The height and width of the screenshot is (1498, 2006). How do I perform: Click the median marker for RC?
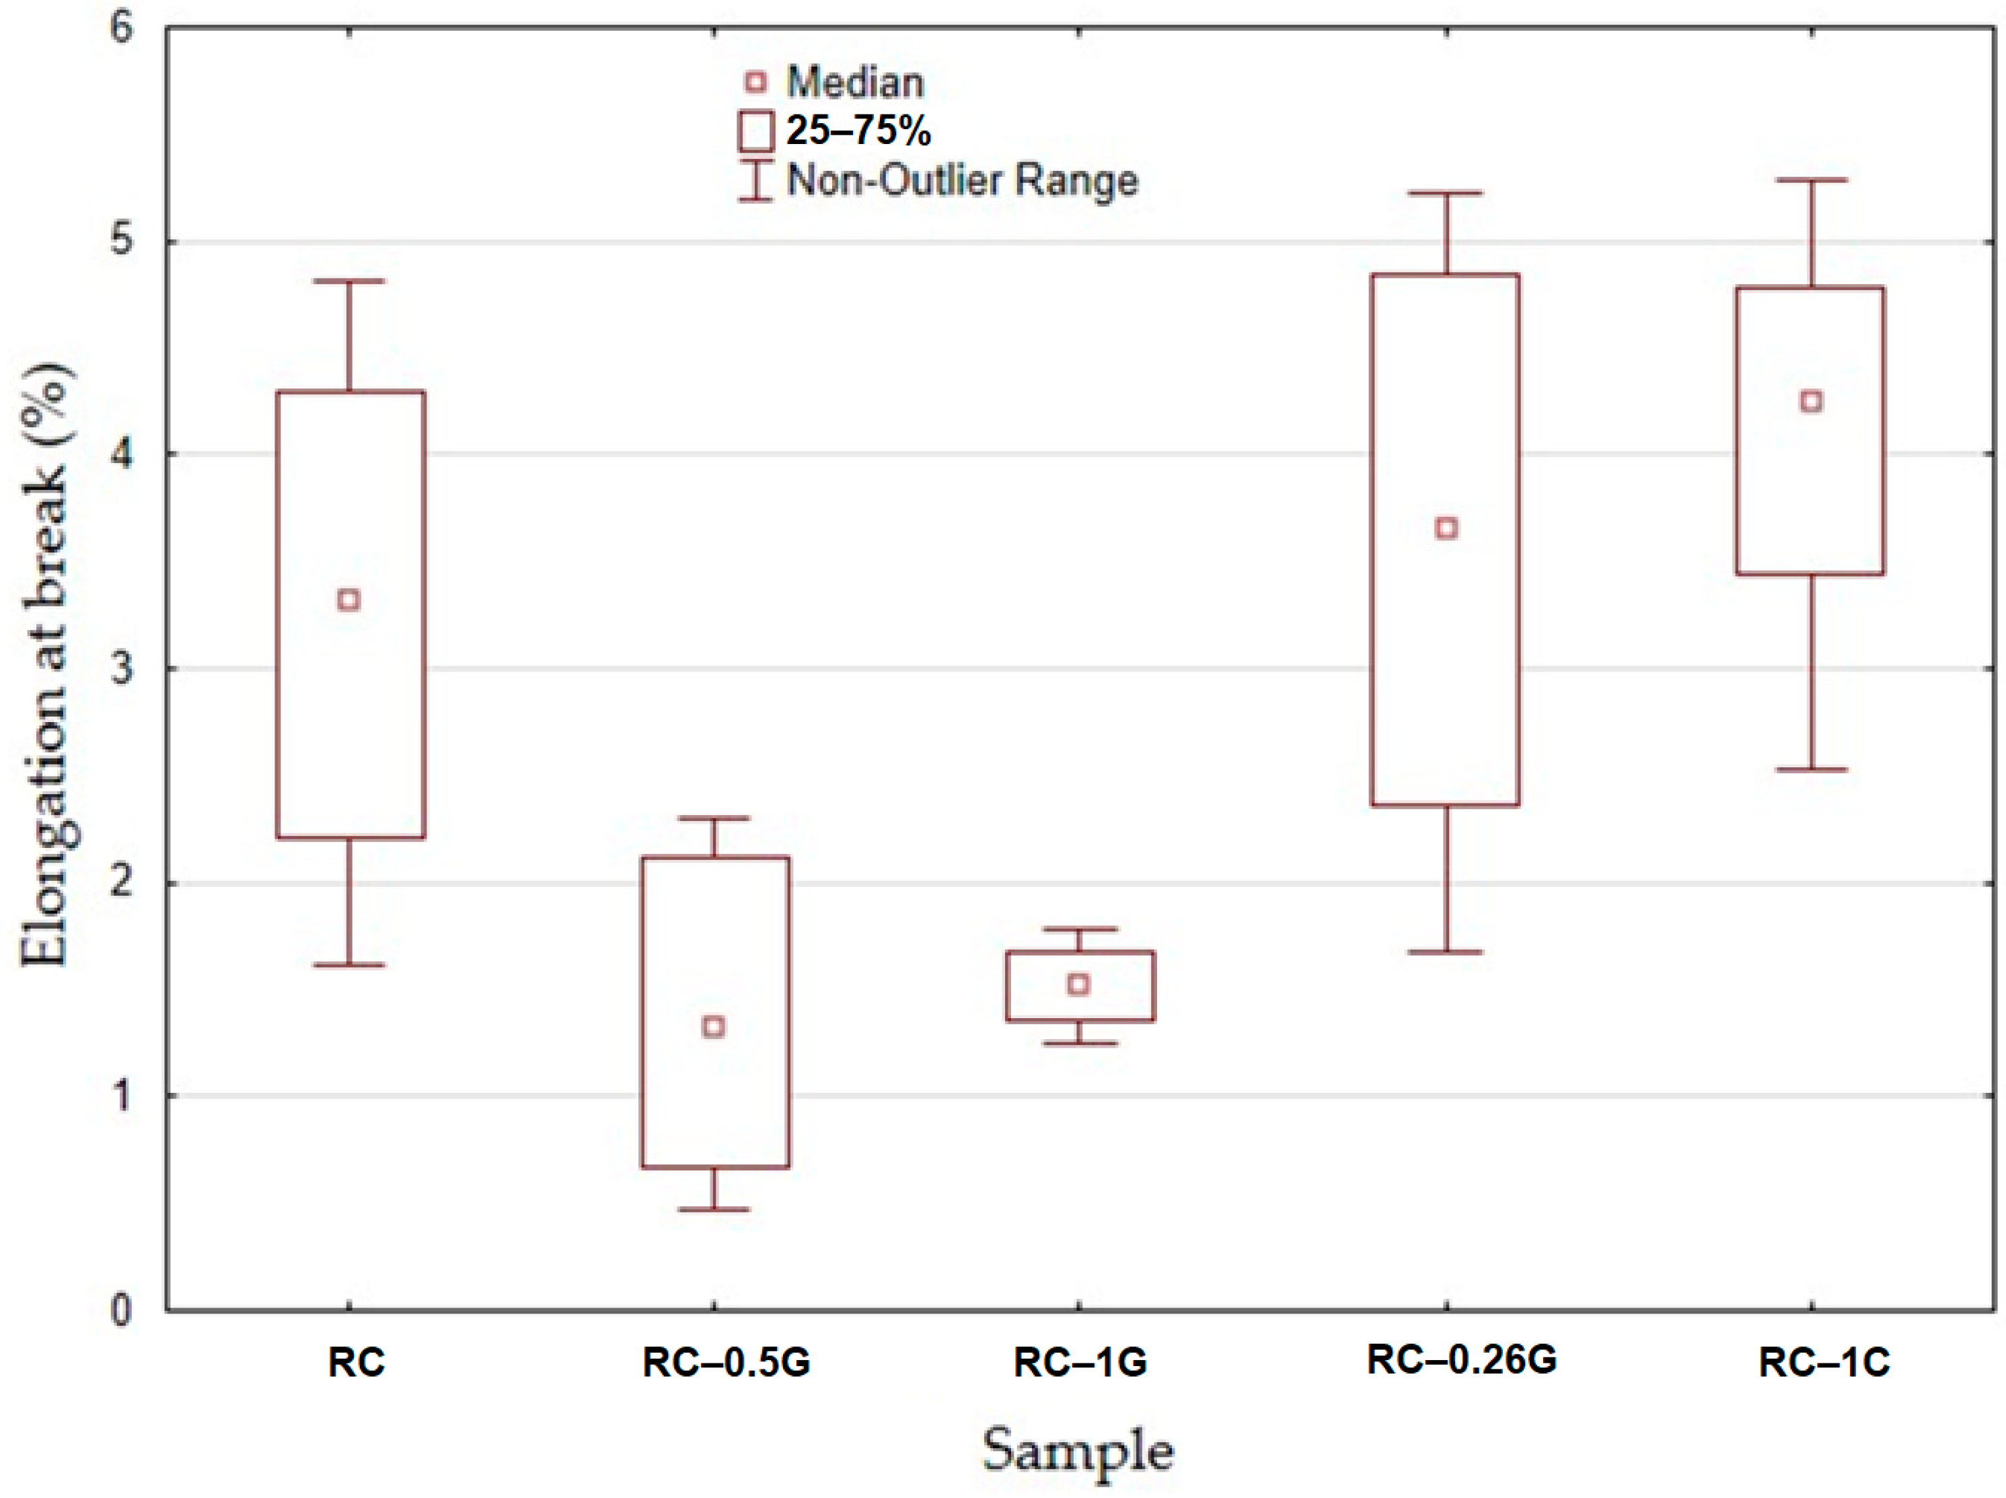coord(349,600)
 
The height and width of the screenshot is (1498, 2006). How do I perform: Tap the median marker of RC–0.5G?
coord(714,1026)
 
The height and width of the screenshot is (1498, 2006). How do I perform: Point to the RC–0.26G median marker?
coord(1447,528)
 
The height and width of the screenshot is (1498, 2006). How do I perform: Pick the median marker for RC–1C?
coord(1811,401)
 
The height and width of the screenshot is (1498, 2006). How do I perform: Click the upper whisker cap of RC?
coord(349,281)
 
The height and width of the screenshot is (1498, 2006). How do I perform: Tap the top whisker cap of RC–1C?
coord(1811,180)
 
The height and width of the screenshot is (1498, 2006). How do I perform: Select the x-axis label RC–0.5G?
coord(726,1362)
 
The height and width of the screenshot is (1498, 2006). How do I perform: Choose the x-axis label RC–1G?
coord(1080,1362)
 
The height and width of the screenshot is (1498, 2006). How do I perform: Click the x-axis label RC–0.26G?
coord(1461,1359)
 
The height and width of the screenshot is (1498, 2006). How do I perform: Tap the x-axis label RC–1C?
coord(1824,1362)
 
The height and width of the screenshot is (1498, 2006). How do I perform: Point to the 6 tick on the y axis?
coord(122,27)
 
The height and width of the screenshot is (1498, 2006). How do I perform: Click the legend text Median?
coord(855,83)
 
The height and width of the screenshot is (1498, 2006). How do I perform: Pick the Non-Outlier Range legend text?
coord(962,180)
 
